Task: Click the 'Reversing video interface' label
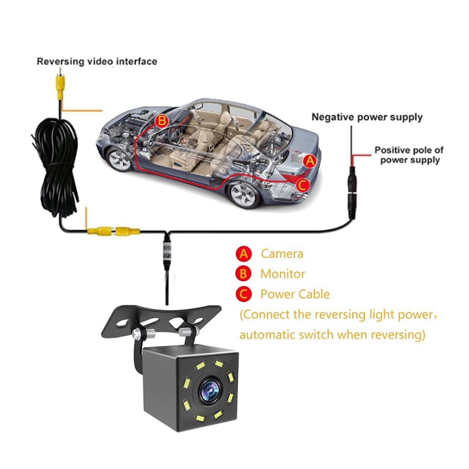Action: click(x=97, y=61)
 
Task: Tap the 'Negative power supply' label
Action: click(x=367, y=117)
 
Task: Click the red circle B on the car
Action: click(x=162, y=121)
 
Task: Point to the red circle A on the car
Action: click(x=309, y=161)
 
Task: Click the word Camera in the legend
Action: click(x=282, y=254)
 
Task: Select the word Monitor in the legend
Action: click(x=282, y=274)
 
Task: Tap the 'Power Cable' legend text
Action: click(x=295, y=295)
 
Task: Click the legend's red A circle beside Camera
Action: click(x=243, y=254)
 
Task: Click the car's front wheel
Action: click(x=119, y=159)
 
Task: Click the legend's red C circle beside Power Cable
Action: click(x=243, y=295)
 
